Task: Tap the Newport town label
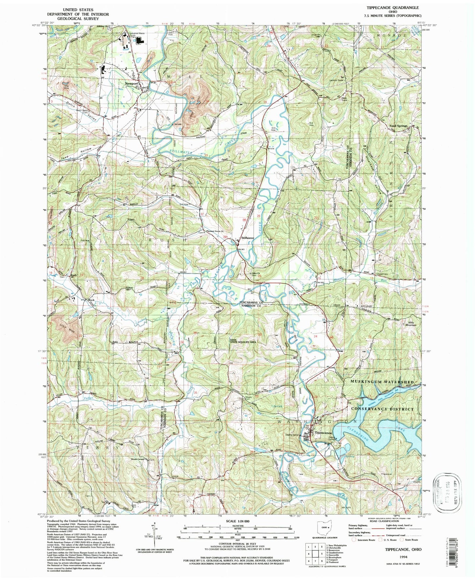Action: (131, 84)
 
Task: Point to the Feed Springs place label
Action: (398, 126)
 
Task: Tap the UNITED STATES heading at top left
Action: (78, 10)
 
